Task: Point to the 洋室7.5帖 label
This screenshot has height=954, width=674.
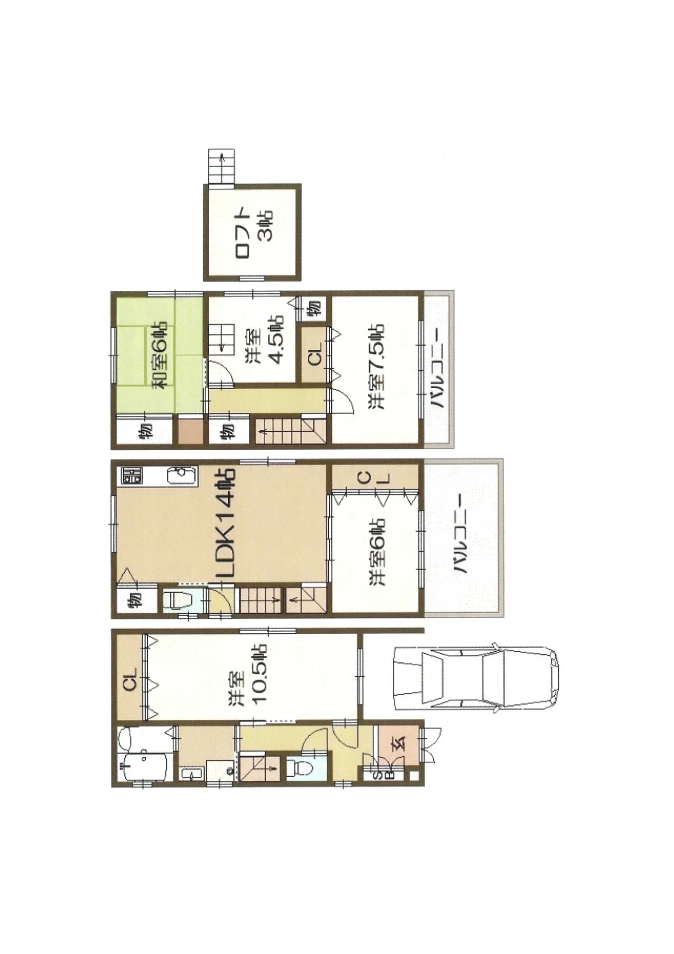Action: (x=376, y=366)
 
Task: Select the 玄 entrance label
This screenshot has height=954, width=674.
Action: (x=400, y=742)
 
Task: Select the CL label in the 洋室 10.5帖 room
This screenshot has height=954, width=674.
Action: (x=130, y=679)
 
